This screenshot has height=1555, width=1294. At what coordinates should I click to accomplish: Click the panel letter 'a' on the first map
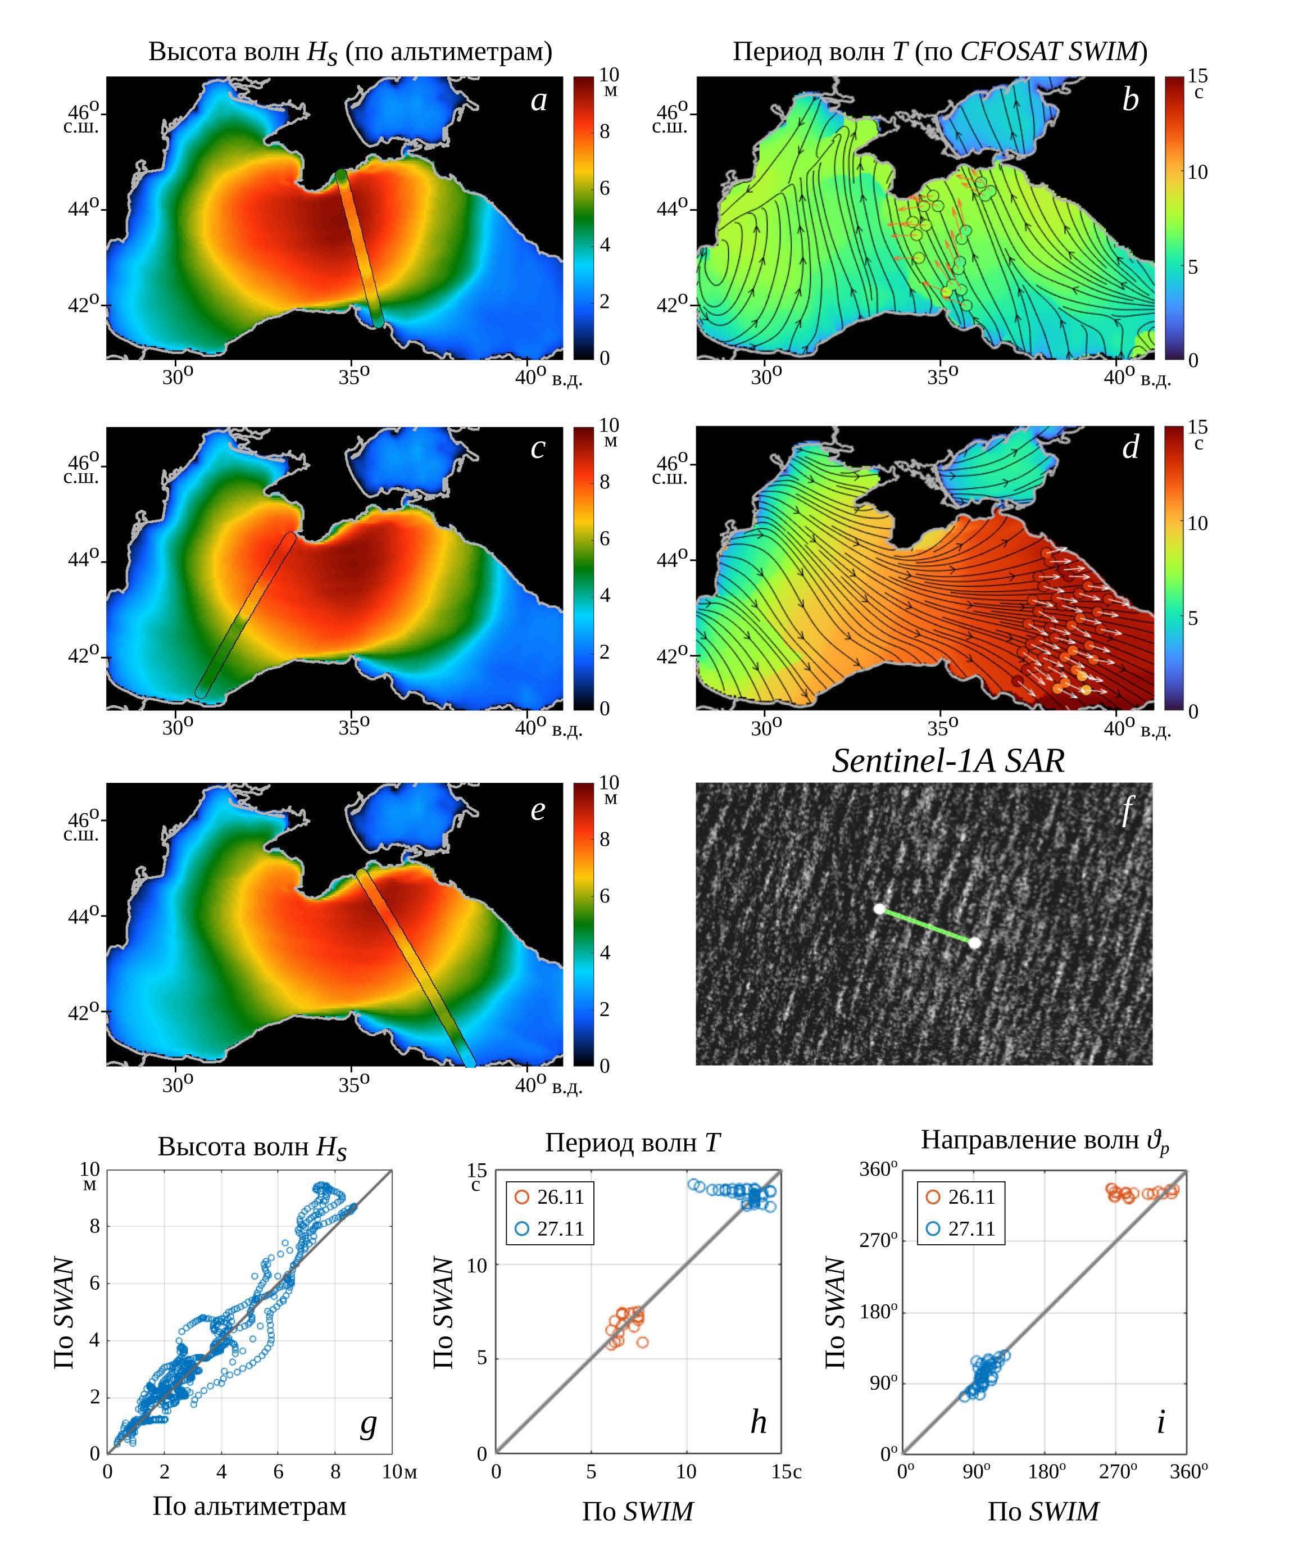click(538, 101)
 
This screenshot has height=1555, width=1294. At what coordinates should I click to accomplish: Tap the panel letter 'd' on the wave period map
click(1130, 447)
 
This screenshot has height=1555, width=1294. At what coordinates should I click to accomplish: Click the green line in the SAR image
click(927, 926)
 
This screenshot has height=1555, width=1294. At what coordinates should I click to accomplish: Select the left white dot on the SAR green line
click(879, 909)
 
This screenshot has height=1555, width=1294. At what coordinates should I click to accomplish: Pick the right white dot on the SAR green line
click(975, 942)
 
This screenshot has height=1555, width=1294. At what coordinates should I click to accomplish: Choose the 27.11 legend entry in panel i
click(961, 1228)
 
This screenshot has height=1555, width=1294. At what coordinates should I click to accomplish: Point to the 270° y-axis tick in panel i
click(878, 1240)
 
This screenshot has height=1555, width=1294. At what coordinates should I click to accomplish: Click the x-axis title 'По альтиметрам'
click(249, 1506)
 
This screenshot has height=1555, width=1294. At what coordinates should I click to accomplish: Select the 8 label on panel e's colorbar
click(605, 839)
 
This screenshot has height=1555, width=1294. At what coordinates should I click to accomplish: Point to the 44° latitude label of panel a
click(83, 209)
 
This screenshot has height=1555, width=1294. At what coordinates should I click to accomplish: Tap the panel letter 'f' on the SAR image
click(1127, 810)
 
